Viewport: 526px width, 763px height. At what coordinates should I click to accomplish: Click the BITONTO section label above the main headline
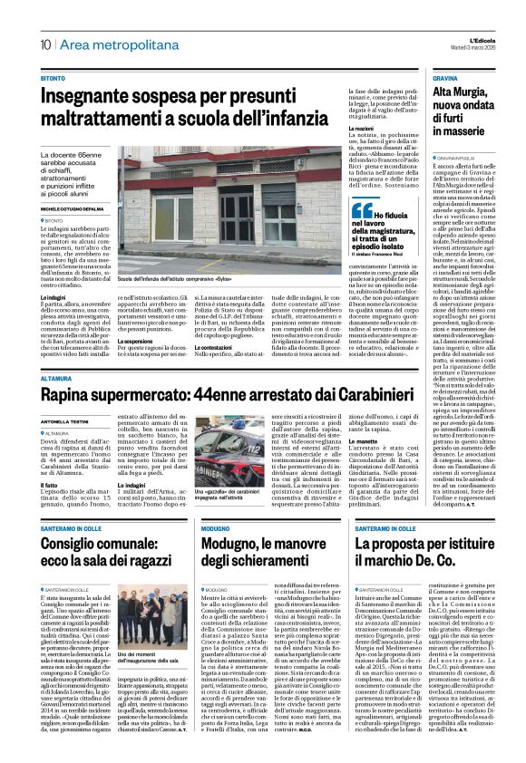(x=53, y=79)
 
